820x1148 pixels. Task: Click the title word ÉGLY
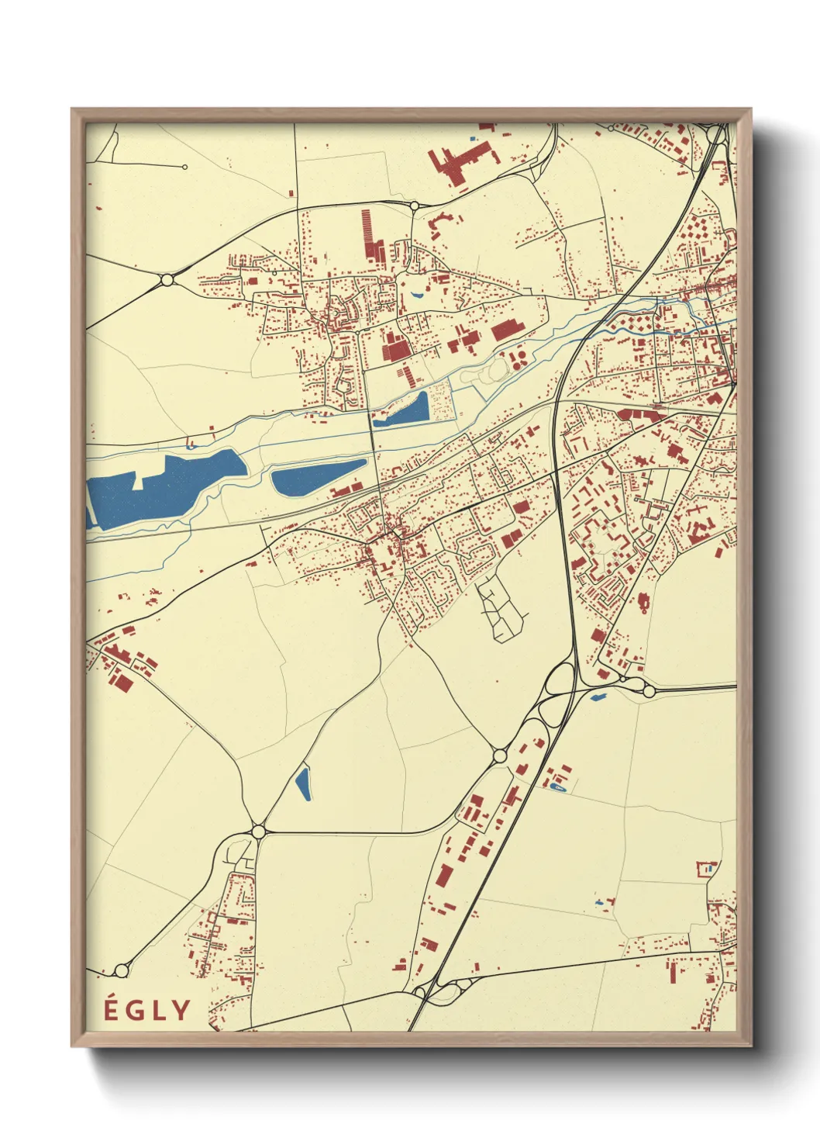tap(147, 1010)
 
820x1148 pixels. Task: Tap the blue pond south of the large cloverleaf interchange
tap(598, 697)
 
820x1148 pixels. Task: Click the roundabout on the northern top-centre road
tap(414, 206)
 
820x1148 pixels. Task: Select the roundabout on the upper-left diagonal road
tap(167, 279)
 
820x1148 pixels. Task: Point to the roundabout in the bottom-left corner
tap(121, 970)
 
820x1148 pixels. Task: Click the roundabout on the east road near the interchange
tap(649, 690)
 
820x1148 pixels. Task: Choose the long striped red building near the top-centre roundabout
tap(372, 237)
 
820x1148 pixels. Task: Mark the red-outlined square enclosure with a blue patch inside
tap(708, 869)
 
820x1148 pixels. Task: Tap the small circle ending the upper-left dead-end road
tap(185, 167)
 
